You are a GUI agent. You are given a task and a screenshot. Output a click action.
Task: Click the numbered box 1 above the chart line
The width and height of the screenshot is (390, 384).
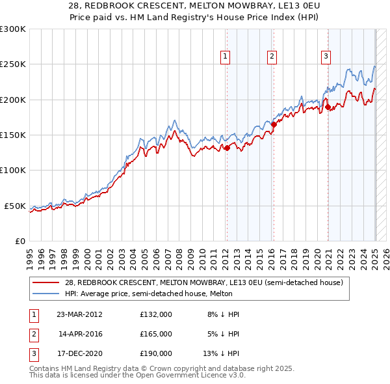[225, 57]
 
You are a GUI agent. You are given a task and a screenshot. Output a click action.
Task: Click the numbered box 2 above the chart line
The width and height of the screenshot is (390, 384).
[271, 57]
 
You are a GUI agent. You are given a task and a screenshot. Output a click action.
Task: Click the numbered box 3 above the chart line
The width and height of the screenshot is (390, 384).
[325, 57]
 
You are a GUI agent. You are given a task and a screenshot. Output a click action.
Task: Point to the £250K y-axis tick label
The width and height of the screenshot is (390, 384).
[13, 64]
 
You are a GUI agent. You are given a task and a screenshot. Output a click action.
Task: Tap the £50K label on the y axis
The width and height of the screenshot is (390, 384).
[16, 206]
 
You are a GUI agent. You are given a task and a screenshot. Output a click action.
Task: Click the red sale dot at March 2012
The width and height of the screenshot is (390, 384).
[227, 148]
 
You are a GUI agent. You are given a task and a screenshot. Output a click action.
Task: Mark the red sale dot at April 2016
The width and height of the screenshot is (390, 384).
[274, 124]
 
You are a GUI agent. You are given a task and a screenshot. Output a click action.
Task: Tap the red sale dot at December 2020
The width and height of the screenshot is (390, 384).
[328, 107]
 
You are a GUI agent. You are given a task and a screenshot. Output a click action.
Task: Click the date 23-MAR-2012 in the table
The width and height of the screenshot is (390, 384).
[80, 314]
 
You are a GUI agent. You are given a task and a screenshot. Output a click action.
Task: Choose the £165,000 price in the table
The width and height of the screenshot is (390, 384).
[156, 334]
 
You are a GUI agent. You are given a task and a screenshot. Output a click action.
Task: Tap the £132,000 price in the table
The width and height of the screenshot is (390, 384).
[156, 314]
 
